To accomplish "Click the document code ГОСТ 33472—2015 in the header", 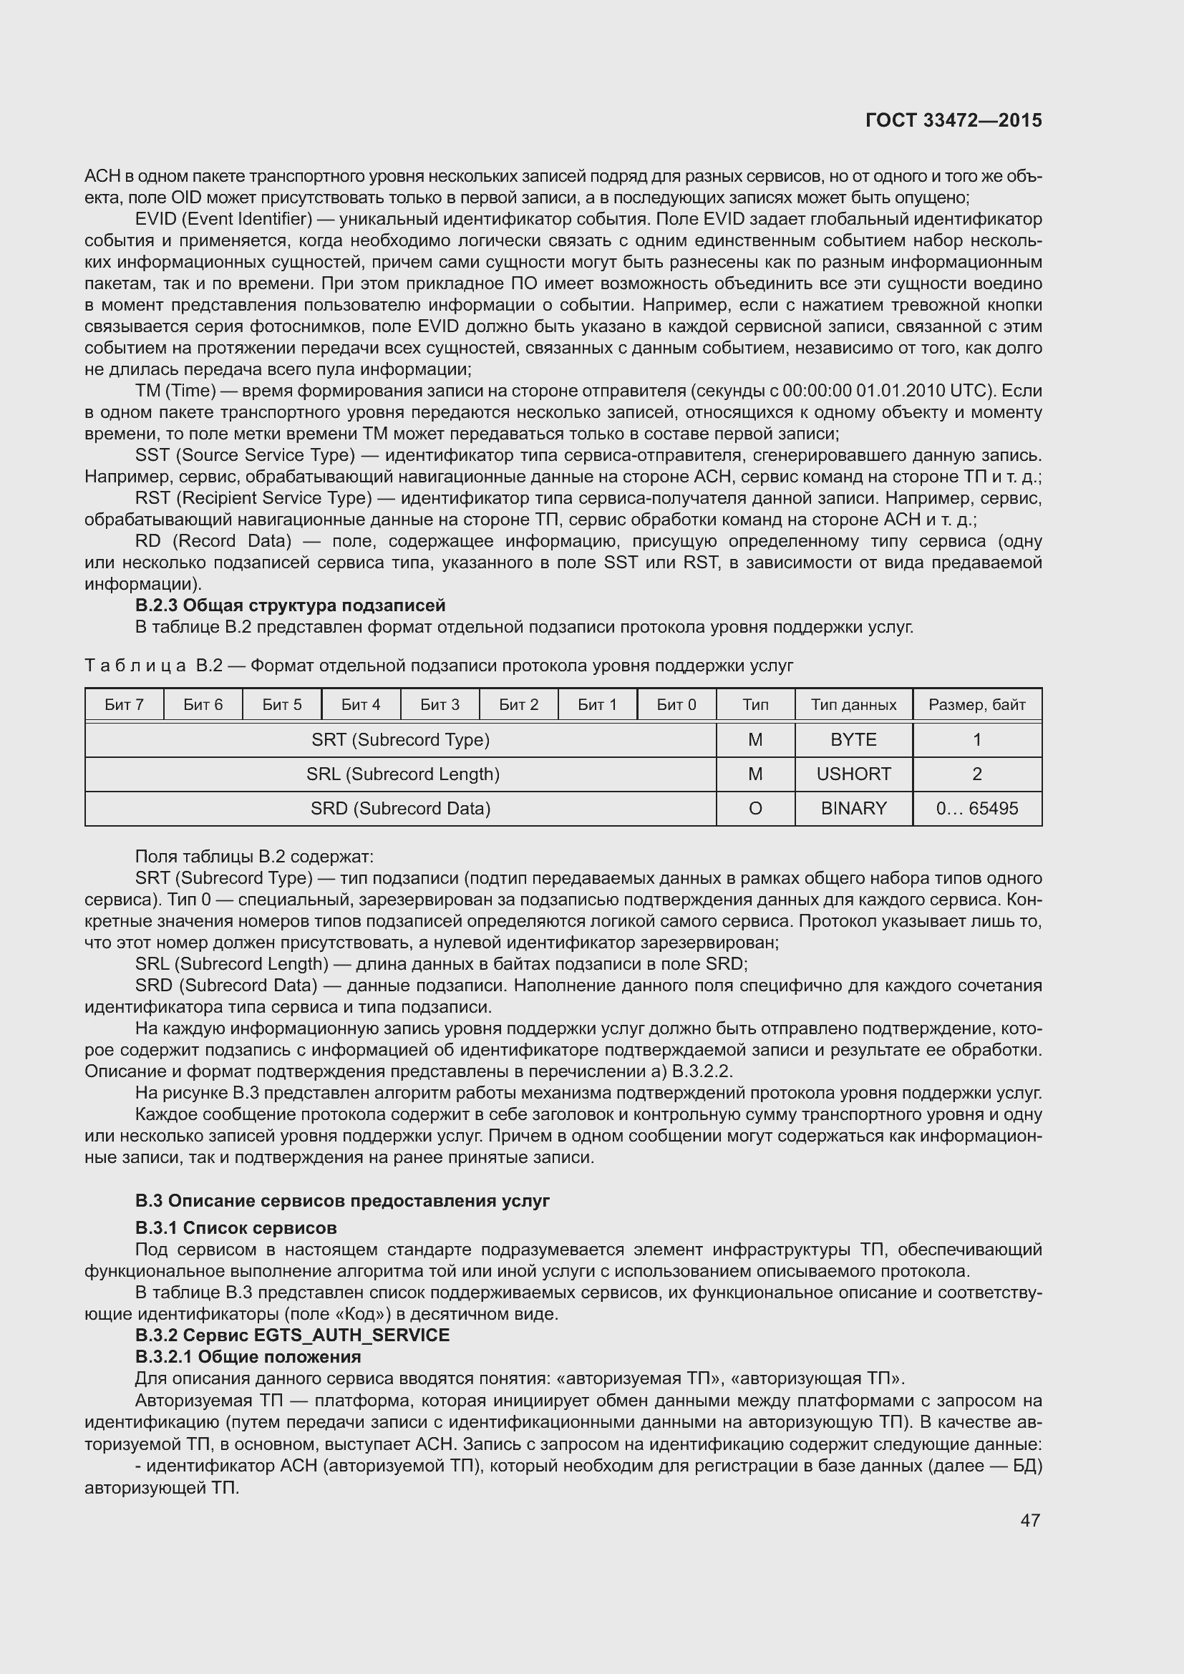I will click(953, 120).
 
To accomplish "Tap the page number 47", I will click(1029, 1520).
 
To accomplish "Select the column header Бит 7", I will click(124, 704).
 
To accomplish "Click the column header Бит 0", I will click(676, 704).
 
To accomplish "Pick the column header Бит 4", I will click(361, 704).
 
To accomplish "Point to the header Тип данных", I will click(853, 704).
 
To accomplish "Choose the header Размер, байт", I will click(976, 704).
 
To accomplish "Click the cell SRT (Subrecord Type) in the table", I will click(400, 739).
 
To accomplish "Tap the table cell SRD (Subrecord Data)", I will click(400, 808).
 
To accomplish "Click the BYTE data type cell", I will click(853, 739).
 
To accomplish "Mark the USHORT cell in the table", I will click(853, 774).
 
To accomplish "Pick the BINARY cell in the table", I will click(853, 808).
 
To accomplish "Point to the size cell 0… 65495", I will click(976, 808).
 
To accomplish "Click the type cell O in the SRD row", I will click(754, 808).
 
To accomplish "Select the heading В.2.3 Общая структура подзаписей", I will click(290, 605).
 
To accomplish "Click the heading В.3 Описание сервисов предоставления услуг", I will click(342, 1200).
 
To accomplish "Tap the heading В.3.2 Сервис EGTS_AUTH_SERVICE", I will click(292, 1335).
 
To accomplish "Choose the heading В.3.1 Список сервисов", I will click(236, 1228).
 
